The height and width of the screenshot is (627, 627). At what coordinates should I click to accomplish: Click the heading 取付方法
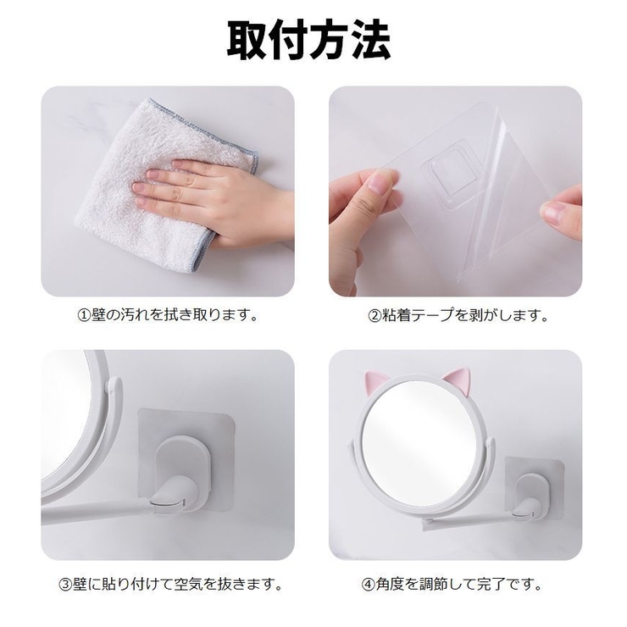click(308, 41)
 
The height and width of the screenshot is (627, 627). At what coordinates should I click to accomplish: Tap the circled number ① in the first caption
click(84, 315)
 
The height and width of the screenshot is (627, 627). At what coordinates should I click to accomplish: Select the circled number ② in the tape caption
click(375, 316)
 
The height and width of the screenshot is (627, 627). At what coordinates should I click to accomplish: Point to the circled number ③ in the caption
click(65, 585)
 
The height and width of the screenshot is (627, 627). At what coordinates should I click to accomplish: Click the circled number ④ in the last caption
click(369, 585)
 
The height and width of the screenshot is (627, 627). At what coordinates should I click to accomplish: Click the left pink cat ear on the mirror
click(375, 382)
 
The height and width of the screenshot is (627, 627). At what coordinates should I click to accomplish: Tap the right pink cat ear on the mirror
click(458, 380)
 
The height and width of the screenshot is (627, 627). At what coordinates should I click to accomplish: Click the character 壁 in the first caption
click(98, 315)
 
